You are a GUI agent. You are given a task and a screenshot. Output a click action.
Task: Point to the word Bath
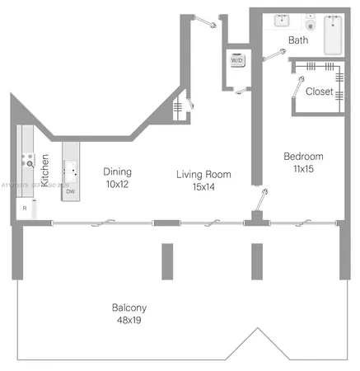[x=298, y=40]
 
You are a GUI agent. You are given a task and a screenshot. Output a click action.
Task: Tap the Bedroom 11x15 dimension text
[x=303, y=168]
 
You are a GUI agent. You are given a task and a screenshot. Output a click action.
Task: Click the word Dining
[x=118, y=171]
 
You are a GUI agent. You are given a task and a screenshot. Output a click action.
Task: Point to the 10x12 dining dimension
[x=118, y=184]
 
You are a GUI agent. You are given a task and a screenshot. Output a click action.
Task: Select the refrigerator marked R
[x=25, y=209]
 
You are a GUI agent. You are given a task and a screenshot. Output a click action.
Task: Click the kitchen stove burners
[x=27, y=161]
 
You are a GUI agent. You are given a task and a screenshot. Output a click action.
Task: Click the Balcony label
[x=129, y=308]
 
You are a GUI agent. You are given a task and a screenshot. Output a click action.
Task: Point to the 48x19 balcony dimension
[x=129, y=320]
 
